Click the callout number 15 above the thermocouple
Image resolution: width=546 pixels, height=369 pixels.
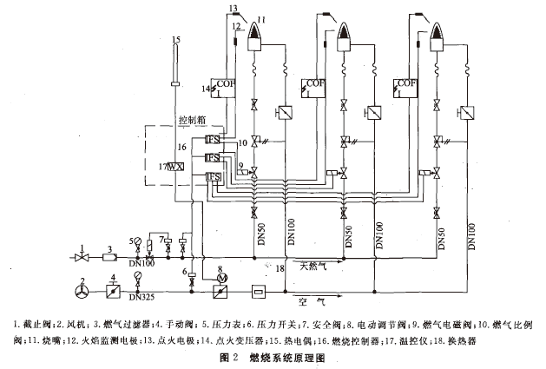coord(176,39)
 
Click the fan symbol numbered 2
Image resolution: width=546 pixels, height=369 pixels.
coord(83,284)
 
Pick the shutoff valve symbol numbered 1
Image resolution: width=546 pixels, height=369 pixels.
coord(82,257)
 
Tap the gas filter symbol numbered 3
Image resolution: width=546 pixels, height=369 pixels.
coord(110,257)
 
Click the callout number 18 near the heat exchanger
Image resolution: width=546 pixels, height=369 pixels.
coord(280,271)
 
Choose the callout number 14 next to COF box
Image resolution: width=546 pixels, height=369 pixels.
coord(206,88)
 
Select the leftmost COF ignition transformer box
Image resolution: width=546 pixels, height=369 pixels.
coord(225,86)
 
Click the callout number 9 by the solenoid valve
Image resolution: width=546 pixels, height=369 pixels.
coord(240,163)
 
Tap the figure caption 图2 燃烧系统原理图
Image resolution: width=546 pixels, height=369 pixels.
coord(273,356)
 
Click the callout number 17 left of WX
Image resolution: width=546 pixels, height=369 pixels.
coord(162,165)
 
